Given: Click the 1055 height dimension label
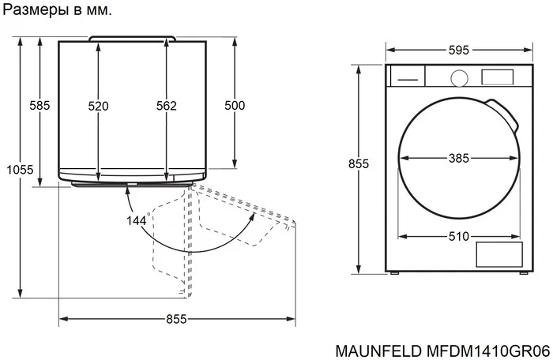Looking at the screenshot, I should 19,169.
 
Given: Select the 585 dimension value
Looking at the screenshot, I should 39,106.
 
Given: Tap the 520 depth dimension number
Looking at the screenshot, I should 98,106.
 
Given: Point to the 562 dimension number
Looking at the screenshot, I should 166,106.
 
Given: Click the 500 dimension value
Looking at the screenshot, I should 235,106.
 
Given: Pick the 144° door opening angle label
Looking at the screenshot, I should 137,220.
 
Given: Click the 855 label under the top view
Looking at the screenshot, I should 176,319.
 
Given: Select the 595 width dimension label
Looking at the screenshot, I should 459,50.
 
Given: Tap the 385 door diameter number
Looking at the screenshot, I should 459,159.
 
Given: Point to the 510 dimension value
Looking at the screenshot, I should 459,235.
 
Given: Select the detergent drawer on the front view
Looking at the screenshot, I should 408,77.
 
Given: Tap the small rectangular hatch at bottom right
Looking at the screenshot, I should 498,255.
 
